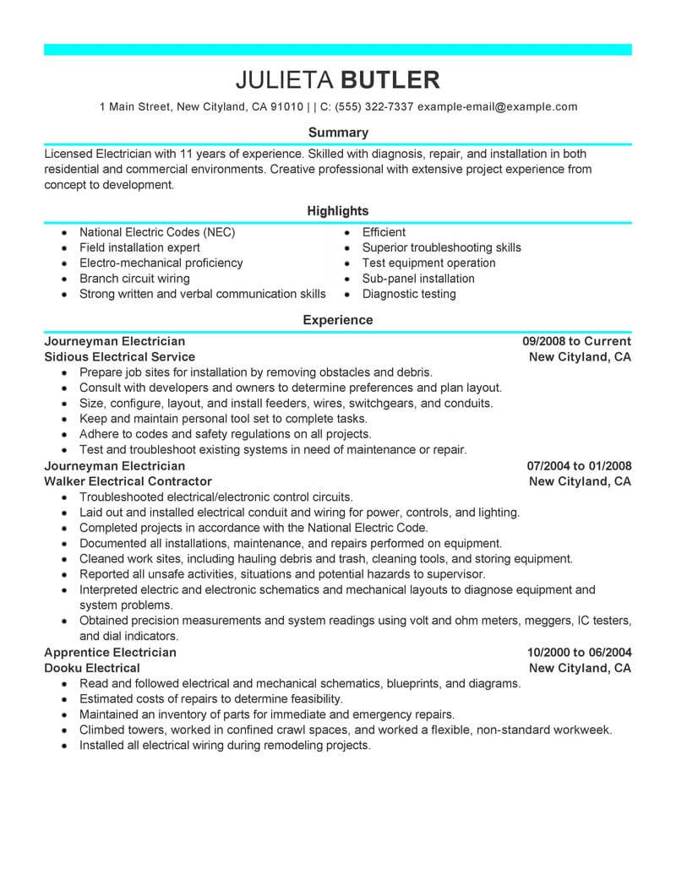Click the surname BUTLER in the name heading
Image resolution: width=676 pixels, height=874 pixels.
[390, 80]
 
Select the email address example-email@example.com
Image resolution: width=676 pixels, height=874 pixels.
[498, 107]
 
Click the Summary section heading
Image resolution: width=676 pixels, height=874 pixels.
[338, 133]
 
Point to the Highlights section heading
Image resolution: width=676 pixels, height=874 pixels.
[338, 210]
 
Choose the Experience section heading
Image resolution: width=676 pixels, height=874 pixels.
[338, 320]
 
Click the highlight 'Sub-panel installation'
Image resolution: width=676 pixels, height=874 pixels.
[418, 279]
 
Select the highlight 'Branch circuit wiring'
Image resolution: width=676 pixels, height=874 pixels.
[134, 279]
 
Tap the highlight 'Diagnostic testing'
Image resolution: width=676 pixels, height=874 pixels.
[409, 294]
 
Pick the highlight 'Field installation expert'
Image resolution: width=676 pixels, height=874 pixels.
[139, 247]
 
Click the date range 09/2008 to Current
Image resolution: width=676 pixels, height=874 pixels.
[576, 341]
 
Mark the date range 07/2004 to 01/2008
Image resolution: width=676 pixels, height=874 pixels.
[579, 465]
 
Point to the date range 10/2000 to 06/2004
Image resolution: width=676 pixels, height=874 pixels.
[579, 652]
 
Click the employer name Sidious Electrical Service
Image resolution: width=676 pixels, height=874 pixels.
[119, 356]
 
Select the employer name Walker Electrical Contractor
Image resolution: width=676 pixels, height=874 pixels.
[129, 481]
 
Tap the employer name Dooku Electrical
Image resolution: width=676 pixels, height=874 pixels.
[92, 668]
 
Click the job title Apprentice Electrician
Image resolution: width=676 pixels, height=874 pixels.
[110, 652]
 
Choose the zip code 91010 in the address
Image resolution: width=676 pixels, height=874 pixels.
[286, 107]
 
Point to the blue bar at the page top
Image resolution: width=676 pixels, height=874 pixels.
[338, 50]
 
